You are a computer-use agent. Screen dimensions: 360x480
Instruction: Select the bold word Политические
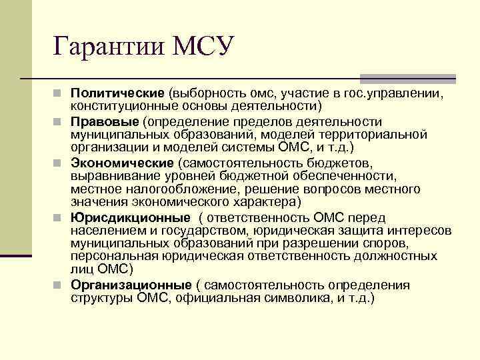coord(117,93)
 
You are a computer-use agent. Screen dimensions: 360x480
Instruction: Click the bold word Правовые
coord(102,122)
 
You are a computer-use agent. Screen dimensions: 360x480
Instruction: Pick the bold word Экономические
coord(122,163)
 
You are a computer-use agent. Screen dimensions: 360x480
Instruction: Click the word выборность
coord(207,93)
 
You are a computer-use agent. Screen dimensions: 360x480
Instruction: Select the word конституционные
coord(122,106)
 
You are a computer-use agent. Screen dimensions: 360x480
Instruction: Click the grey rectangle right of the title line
coord(408,78)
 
